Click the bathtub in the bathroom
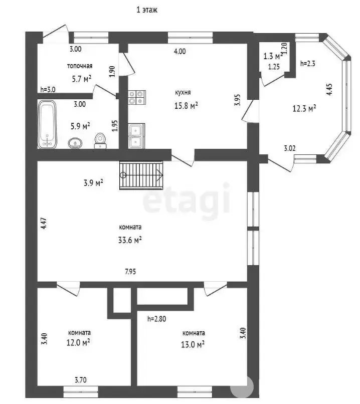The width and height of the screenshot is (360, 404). click(x=47, y=124)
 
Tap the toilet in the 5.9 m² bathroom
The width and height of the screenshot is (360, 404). click(x=100, y=141)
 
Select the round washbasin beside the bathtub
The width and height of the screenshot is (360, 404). click(x=75, y=143)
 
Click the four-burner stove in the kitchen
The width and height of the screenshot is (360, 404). click(x=137, y=97)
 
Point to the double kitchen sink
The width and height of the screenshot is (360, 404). click(x=136, y=136)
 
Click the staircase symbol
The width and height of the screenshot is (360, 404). click(x=141, y=175)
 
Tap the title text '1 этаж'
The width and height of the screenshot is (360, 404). click(x=147, y=10)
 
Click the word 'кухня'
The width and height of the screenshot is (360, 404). click(x=183, y=93)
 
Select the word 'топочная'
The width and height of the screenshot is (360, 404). click(x=80, y=66)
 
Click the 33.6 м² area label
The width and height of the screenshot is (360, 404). click(x=130, y=240)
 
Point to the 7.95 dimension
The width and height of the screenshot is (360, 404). click(x=130, y=272)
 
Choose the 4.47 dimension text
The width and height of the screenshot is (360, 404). click(x=44, y=224)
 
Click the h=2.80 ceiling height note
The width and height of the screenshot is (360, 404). click(x=156, y=319)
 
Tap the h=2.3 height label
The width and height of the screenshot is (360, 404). click(x=308, y=63)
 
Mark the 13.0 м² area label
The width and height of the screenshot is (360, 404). click(x=193, y=344)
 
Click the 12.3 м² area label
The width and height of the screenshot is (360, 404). click(x=304, y=108)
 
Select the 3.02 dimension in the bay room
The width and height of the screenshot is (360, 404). click(x=290, y=148)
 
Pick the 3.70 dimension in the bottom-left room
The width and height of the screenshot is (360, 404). click(x=81, y=380)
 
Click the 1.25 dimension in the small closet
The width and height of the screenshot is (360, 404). click(x=274, y=67)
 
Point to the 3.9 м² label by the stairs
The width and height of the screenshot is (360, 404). click(x=93, y=183)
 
